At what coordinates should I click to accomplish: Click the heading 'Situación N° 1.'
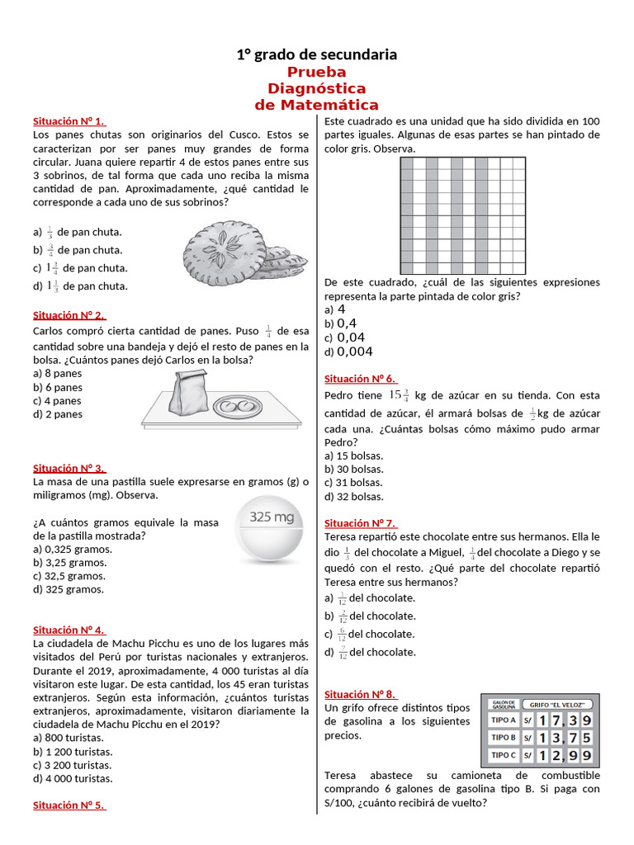(69, 120)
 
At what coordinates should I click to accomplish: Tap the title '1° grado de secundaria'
(317, 54)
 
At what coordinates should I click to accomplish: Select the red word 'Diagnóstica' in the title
(317, 88)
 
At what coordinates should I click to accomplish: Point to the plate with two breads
(235, 405)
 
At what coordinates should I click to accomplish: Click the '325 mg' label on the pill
(272, 517)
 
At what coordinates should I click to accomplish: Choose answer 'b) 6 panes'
(58, 387)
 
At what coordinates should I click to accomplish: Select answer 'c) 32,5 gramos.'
(69, 576)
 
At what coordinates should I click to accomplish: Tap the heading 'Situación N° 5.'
(69, 805)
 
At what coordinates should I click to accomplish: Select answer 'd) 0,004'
(348, 352)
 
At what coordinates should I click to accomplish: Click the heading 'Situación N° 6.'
(361, 379)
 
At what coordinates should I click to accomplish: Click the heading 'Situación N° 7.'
(361, 523)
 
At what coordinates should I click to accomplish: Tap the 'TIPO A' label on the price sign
(504, 720)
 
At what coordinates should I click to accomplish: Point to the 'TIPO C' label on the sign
(504, 755)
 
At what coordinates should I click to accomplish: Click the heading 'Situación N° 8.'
(361, 694)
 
